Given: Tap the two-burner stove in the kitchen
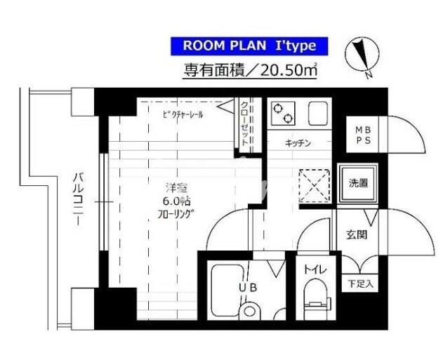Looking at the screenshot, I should [x=284, y=113].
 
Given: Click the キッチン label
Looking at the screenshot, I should [x=298, y=143].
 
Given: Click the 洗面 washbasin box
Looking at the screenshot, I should [x=358, y=184].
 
